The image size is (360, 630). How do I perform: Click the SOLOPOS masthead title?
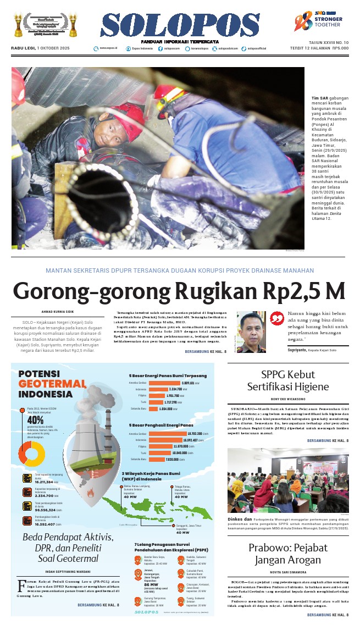click(179, 25)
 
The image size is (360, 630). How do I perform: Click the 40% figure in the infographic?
click(35, 419)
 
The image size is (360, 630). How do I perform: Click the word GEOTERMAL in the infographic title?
click(52, 383)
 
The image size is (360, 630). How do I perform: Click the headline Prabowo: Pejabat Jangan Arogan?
click(287, 554)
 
